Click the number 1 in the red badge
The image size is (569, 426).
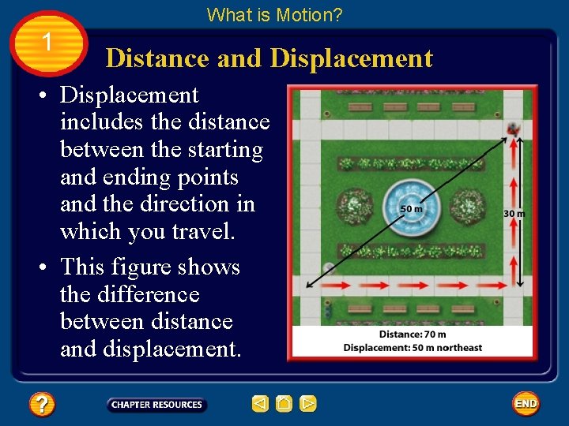pyautogui.click(x=47, y=41)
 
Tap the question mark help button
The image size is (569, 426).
pyautogui.click(x=41, y=405)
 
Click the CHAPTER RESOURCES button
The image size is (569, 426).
pyautogui.click(x=156, y=405)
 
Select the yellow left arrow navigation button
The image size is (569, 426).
pyautogui.click(x=260, y=405)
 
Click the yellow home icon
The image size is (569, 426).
pyautogui.click(x=284, y=405)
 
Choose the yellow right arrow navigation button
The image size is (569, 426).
pyautogui.click(x=308, y=405)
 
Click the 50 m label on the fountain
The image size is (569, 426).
pyautogui.click(x=411, y=209)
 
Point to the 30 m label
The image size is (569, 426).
pyautogui.click(x=514, y=213)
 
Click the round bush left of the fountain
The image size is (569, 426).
pyautogui.click(x=355, y=207)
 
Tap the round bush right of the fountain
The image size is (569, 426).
pyautogui.click(x=467, y=207)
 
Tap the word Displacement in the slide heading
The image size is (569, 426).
pyautogui.click(x=351, y=58)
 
